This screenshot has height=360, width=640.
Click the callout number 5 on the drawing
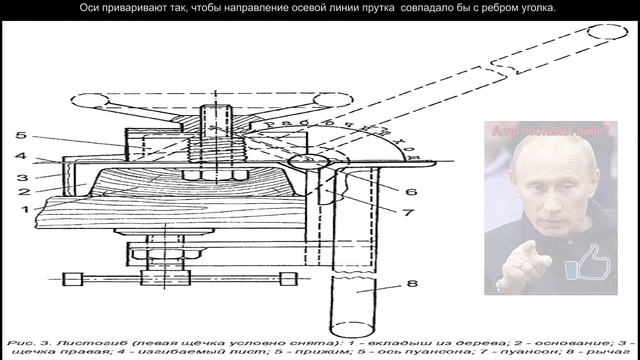tap(19, 135)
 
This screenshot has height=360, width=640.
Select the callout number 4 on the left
tap(19, 156)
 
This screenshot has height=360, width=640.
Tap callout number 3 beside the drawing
tap(19, 177)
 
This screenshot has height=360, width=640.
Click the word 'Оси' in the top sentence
tap(92, 8)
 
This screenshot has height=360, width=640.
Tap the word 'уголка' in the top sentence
tap(533, 8)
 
